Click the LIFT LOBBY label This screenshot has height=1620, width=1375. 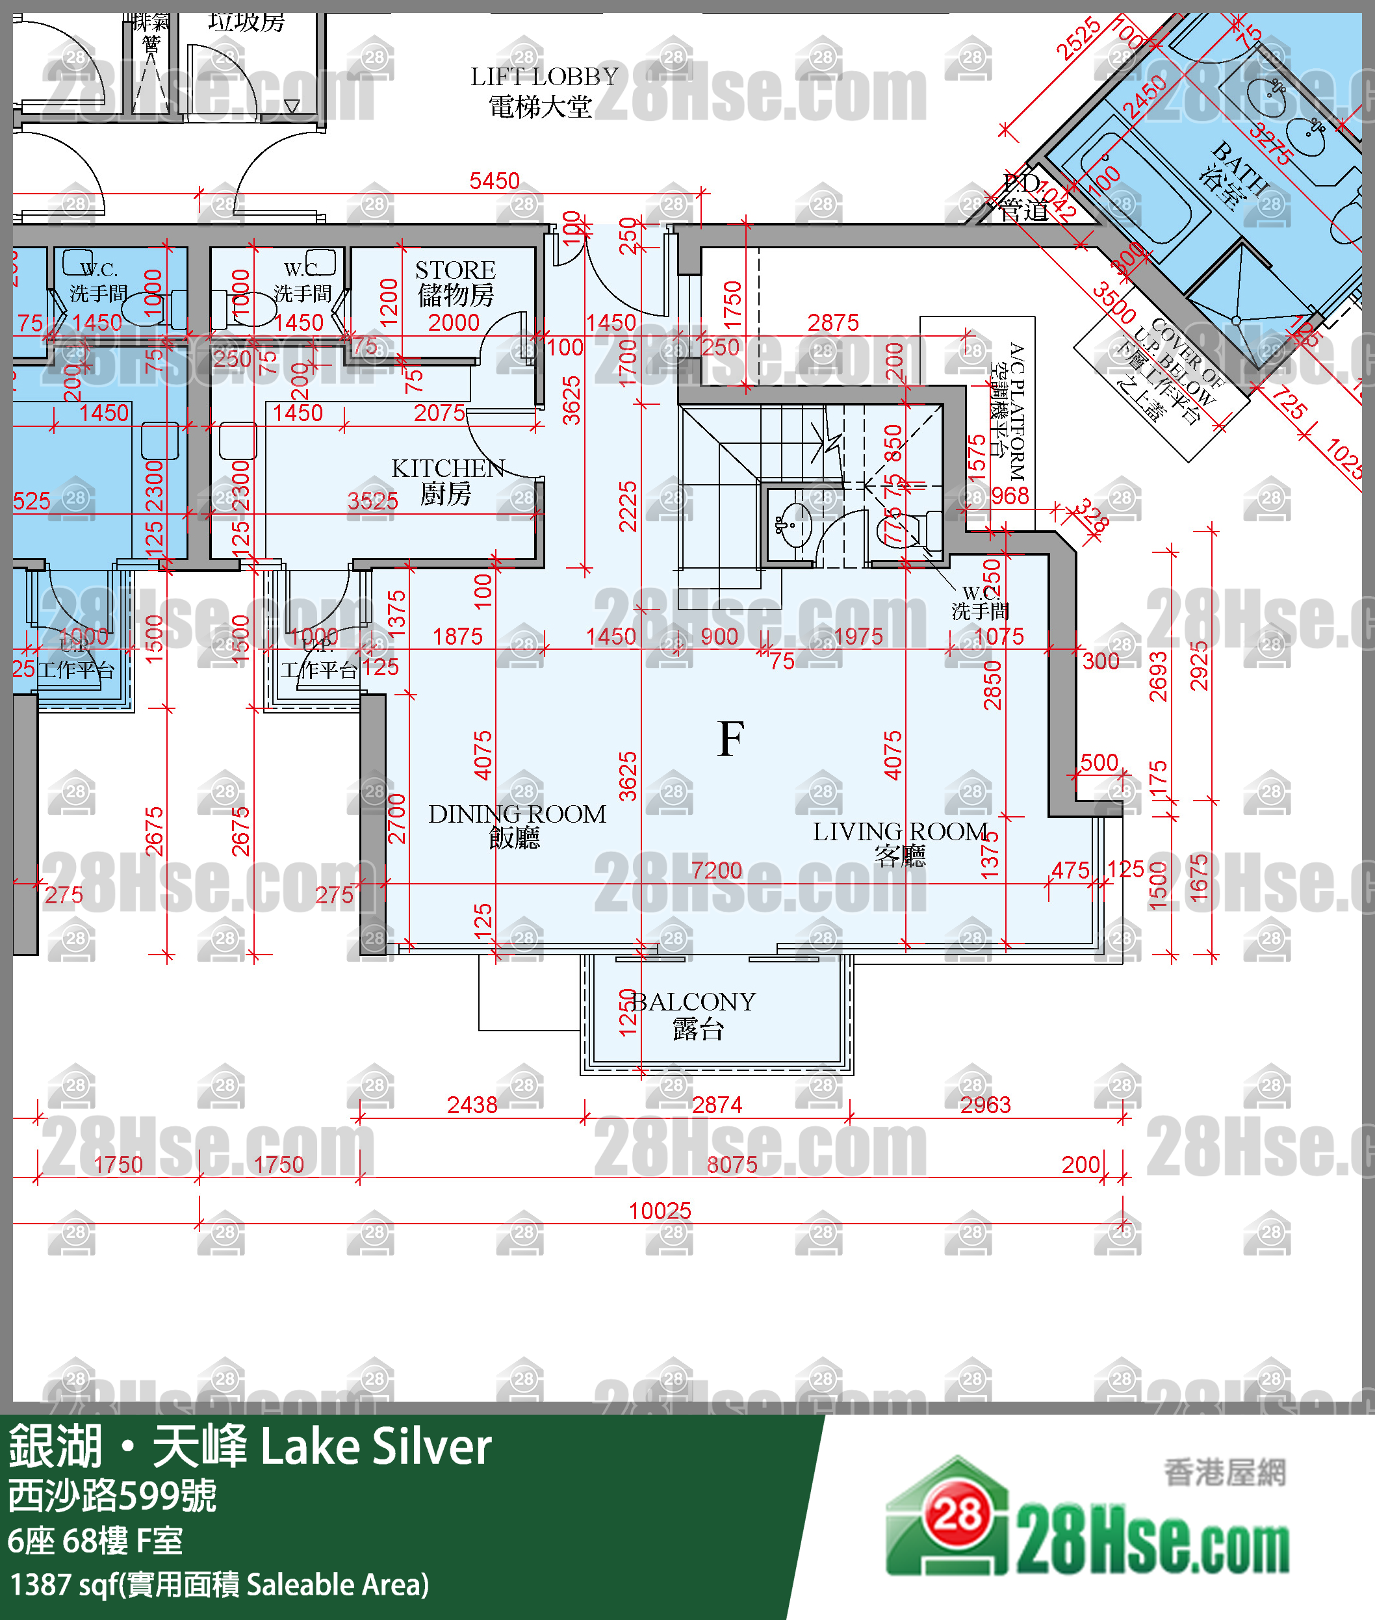pos(543,77)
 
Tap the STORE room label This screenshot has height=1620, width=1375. pos(456,270)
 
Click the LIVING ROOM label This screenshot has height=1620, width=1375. pos(900,832)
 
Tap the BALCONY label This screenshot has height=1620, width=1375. pos(693,1002)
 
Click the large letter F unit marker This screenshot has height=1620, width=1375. pos(730,739)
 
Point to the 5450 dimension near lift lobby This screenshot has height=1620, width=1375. pos(495,181)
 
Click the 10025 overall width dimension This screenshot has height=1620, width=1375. pos(660,1211)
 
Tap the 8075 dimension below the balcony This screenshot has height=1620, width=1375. pos(731,1164)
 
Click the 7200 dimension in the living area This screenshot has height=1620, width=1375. pos(716,870)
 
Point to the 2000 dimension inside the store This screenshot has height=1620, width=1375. pos(454,322)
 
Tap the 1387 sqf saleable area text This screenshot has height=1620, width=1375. pos(218,1584)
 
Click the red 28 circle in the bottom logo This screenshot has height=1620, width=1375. pos(957,1515)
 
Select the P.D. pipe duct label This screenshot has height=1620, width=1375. pos(1022,184)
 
